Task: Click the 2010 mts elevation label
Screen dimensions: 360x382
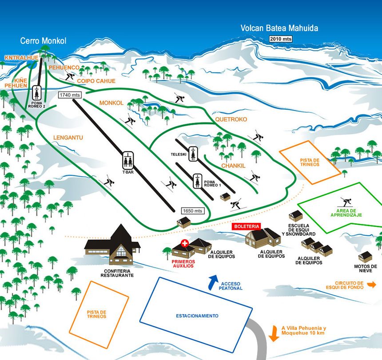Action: (x=281, y=39)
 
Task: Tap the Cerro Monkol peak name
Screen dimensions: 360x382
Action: (x=43, y=41)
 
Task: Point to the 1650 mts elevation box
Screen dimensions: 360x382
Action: (x=192, y=210)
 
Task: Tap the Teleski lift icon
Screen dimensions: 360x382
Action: (x=193, y=154)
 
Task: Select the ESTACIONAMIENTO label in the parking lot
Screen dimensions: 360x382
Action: (x=197, y=316)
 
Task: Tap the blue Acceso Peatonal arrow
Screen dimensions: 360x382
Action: (x=213, y=281)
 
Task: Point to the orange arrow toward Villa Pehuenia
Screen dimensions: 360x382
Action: (x=274, y=333)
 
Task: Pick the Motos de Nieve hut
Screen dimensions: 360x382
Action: (x=365, y=256)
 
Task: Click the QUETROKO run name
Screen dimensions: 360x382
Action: (x=231, y=119)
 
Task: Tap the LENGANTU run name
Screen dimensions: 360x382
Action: (x=68, y=138)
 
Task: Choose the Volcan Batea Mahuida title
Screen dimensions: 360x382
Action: (x=279, y=28)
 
